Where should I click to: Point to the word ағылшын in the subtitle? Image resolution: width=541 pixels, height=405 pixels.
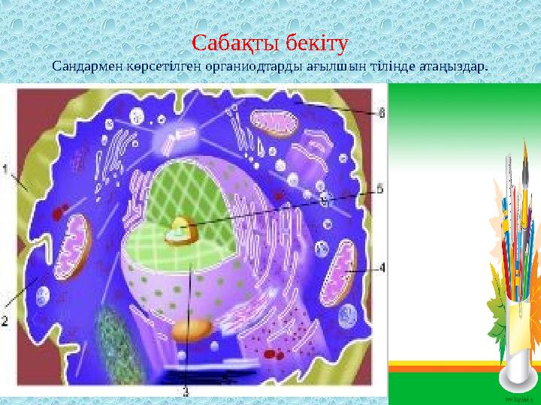[331, 65]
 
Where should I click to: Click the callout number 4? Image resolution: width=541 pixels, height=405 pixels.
[382, 267]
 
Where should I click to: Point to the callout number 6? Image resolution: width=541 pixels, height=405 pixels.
[382, 113]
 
